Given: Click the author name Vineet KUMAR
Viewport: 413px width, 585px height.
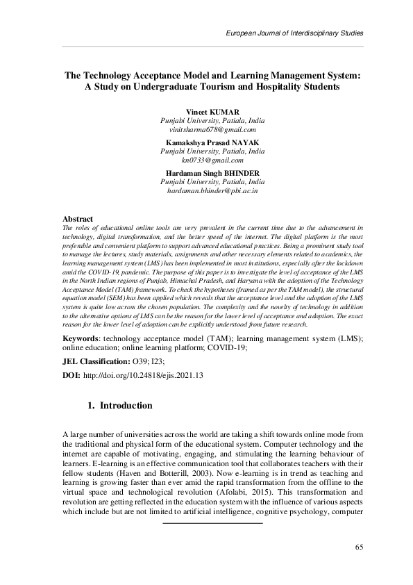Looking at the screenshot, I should click(206, 112).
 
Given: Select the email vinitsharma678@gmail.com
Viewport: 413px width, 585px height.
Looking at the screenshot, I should click(206, 130).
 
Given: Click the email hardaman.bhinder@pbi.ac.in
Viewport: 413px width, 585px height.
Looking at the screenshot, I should click(206, 190).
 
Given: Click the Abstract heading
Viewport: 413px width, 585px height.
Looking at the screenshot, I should click(78, 218).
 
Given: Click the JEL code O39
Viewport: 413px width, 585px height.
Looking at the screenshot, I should click(141, 361).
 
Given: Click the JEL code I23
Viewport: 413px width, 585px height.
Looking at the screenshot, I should click(157, 361).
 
